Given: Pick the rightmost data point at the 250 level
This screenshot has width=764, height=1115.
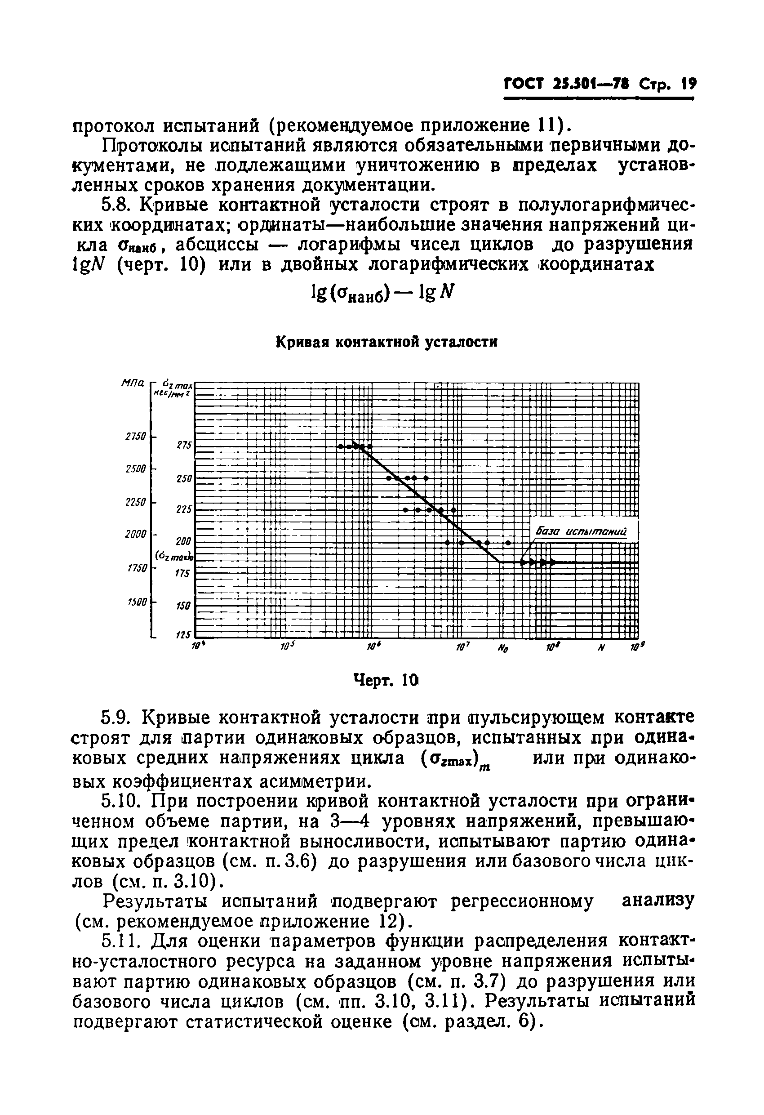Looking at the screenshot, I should click(426, 478).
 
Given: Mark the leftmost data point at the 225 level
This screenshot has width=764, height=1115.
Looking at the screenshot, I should click(405, 509).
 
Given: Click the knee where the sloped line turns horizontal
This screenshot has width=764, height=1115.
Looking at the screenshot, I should click(501, 562).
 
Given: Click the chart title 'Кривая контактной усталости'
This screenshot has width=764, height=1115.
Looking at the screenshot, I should click(386, 343).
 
